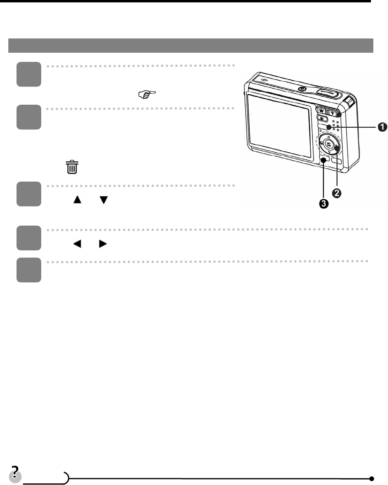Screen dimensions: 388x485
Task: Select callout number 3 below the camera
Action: [323, 204]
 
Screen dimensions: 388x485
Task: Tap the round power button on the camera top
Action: [302, 89]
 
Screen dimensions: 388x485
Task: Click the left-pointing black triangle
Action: [74, 245]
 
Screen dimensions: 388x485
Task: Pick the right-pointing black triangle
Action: [103, 245]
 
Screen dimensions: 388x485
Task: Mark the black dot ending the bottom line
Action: [371, 478]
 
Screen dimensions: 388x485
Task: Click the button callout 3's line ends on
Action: [324, 160]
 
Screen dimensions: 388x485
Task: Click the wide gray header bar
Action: [191, 46]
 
